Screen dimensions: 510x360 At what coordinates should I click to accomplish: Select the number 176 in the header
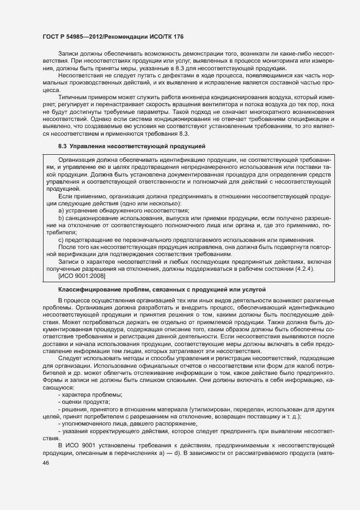(x=178, y=37)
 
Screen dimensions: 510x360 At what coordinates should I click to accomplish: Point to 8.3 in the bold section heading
(x=62, y=147)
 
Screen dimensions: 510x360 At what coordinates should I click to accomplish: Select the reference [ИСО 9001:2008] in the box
(x=81, y=275)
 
